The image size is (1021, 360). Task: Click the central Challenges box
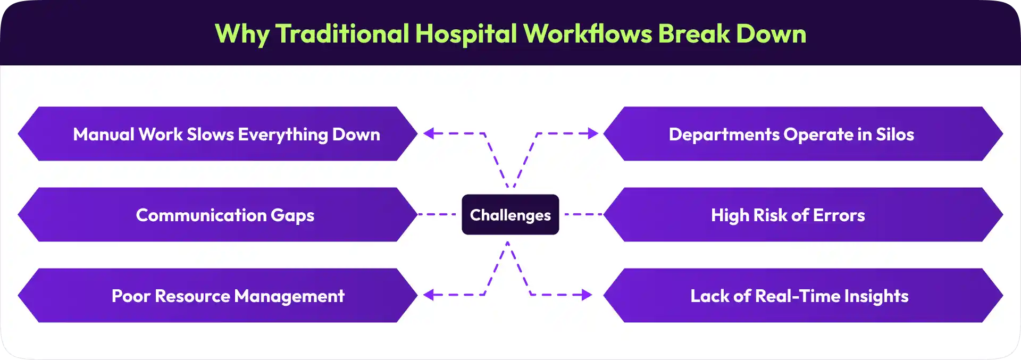[x=510, y=215]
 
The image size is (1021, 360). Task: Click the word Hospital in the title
[x=466, y=34]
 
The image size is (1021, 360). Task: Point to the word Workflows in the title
[x=588, y=34]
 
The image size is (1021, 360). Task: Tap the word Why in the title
[x=242, y=34]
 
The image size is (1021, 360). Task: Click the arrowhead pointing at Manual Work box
[x=429, y=133]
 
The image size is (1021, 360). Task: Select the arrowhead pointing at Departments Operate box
[x=593, y=133]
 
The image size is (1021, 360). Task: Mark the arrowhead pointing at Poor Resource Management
[x=429, y=295]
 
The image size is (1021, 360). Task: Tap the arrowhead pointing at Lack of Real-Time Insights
[x=587, y=295]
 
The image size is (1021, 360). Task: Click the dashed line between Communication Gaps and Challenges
[x=437, y=214]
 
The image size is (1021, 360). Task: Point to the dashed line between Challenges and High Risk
[x=582, y=214]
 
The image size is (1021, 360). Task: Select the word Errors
[x=839, y=215]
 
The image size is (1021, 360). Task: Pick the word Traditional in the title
[x=342, y=34]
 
